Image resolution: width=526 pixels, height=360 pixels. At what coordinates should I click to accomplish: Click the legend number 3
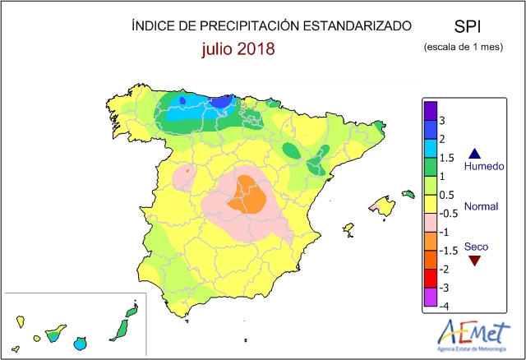tap(442, 121)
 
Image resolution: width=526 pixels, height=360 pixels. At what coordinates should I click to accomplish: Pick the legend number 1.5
tap(446, 157)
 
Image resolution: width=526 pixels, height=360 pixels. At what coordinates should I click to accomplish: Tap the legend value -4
tap(444, 307)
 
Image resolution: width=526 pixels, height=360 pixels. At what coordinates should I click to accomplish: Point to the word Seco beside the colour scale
tap(475, 247)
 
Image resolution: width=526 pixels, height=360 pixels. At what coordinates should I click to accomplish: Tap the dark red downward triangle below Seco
tap(474, 261)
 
